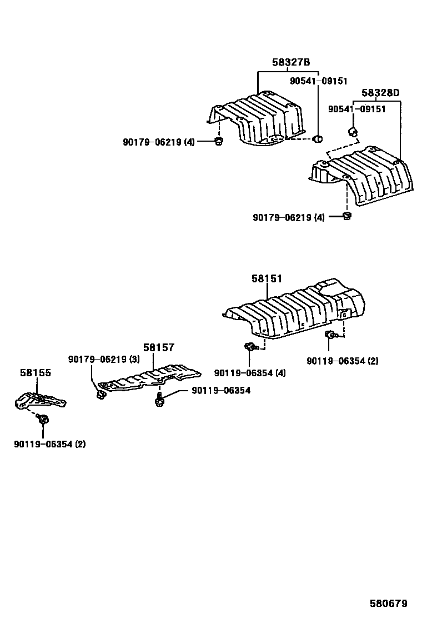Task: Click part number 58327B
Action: (291, 63)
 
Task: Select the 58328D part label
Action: (381, 92)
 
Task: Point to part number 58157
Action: (159, 347)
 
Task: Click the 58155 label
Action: (36, 372)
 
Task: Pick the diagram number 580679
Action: (389, 603)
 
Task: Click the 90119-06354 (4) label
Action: (250, 373)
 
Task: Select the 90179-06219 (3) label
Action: (104, 360)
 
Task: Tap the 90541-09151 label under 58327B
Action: (319, 81)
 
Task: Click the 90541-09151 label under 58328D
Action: (356, 109)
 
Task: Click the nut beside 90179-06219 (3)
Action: (101, 394)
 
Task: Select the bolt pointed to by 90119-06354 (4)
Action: (249, 347)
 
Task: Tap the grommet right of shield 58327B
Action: (319, 138)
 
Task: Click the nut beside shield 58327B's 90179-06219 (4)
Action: (218, 142)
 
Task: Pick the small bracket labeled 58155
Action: (39, 400)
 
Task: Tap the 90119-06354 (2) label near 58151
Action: (342, 361)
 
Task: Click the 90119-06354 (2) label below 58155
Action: (50, 443)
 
